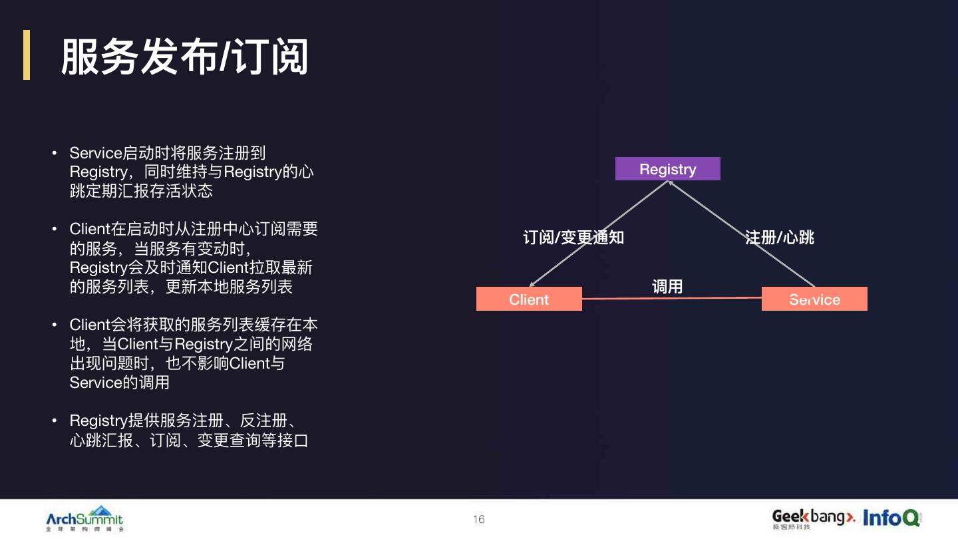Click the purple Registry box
point(667,169)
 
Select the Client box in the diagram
point(529,299)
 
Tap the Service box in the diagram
point(814,299)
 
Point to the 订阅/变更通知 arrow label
point(573,238)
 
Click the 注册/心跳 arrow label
point(780,238)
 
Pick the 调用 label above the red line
point(667,286)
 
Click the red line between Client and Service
point(672,298)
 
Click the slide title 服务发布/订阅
point(184,57)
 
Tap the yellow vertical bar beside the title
point(27,55)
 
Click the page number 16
point(479,520)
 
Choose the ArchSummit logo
point(84,518)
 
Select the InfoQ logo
point(891,518)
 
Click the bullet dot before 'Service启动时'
point(56,154)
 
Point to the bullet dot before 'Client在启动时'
point(56,230)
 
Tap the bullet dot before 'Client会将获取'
point(56,325)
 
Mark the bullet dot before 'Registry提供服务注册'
point(56,421)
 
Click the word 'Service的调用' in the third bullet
point(120,383)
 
